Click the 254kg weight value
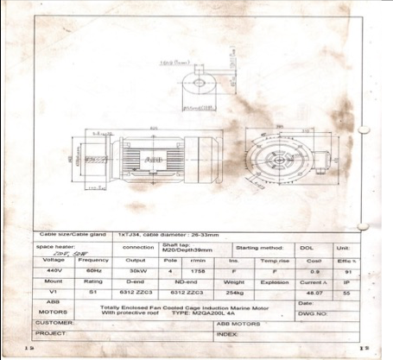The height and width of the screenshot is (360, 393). pyautogui.click(x=234, y=293)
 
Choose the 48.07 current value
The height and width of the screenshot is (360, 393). pyautogui.click(x=314, y=293)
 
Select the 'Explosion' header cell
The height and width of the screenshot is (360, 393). pyautogui.click(x=274, y=281)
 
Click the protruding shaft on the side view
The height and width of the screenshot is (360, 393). pyautogui.click(x=96, y=160)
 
